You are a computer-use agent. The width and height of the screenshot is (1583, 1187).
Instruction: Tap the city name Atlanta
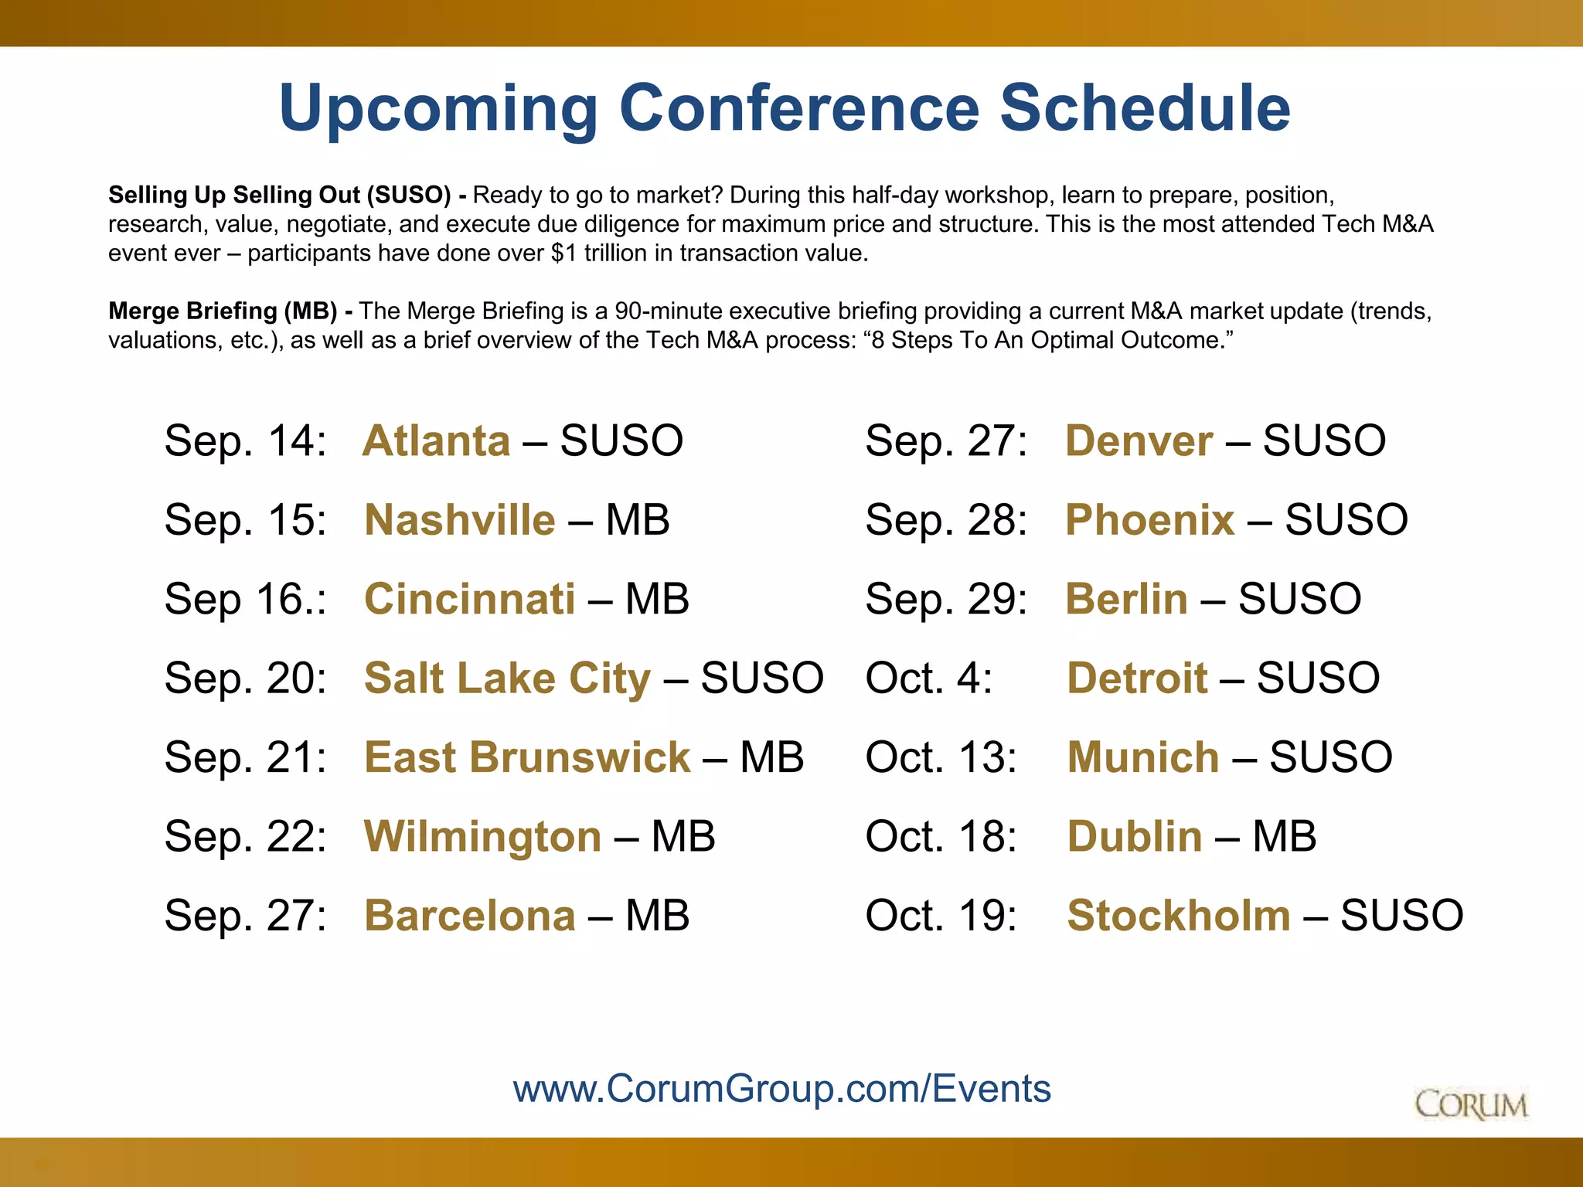click(437, 440)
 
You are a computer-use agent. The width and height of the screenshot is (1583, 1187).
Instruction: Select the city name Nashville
click(459, 519)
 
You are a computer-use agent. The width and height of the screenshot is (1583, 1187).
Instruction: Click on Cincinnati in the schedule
click(469, 599)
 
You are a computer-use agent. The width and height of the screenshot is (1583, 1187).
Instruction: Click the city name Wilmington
click(482, 836)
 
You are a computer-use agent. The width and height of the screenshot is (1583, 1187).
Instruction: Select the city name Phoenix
click(1149, 519)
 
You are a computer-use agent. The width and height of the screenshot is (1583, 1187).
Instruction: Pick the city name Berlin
click(1126, 599)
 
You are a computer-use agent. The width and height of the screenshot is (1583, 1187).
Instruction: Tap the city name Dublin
click(1134, 836)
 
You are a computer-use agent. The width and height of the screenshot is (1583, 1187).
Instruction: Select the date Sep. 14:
click(245, 440)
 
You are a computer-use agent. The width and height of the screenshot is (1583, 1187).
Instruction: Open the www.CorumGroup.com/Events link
click(781, 1088)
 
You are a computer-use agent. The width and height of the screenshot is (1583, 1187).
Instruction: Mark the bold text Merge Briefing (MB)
click(223, 311)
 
